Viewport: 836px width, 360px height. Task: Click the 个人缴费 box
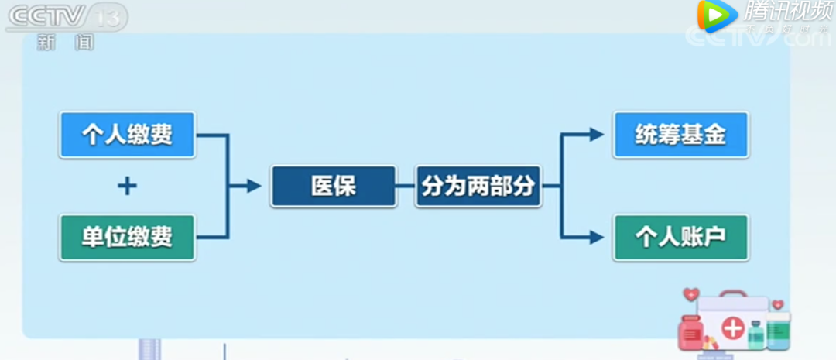(127, 135)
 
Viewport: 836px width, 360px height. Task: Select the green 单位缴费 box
(127, 236)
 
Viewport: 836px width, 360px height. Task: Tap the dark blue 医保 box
(333, 186)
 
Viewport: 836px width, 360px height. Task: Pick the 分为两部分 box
(478, 186)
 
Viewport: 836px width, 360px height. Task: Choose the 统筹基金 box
(680, 135)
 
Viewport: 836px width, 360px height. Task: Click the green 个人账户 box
(680, 236)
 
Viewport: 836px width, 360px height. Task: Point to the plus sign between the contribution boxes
(127, 186)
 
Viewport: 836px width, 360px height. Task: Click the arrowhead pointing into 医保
(253, 186)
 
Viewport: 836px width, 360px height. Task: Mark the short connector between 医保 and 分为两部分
(406, 186)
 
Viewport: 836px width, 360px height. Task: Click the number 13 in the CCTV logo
(108, 17)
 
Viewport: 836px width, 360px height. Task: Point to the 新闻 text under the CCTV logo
(66, 43)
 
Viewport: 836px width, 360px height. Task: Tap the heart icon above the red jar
(690, 294)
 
